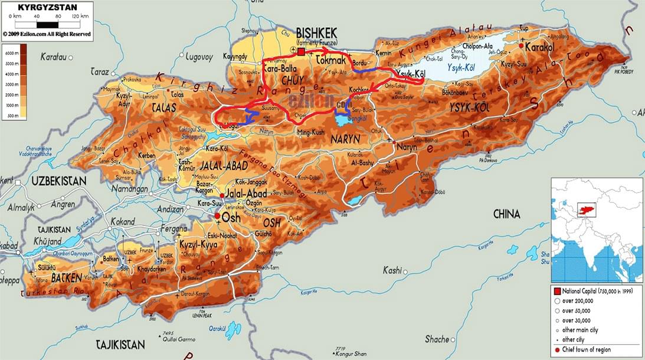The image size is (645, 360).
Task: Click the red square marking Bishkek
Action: point(301,52)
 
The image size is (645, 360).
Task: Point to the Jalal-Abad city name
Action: point(247,194)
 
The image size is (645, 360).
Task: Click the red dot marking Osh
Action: point(217,217)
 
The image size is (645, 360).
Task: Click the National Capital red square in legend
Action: point(557,292)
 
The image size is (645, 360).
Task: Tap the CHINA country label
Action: point(506,214)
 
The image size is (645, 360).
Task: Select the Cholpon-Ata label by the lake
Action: point(463,45)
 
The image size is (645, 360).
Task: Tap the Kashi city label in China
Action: point(392,270)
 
